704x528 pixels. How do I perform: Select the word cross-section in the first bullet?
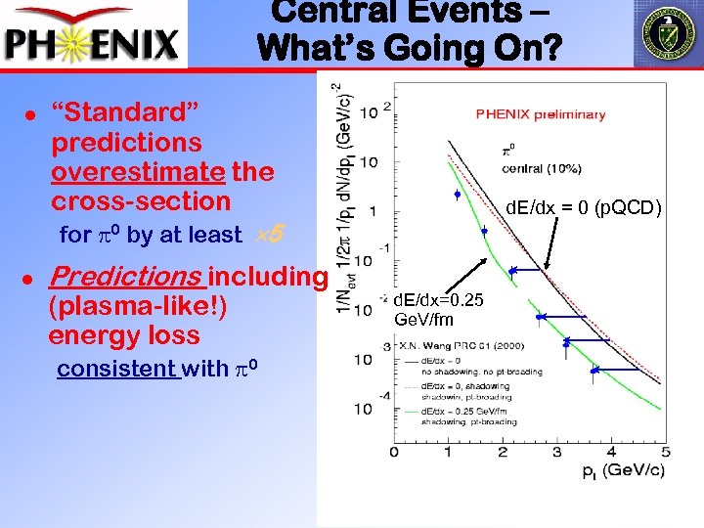tap(140, 201)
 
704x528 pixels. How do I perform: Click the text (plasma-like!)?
tap(137, 306)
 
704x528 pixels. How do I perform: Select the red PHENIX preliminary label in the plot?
tap(540, 114)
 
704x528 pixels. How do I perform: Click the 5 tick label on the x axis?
tap(666, 450)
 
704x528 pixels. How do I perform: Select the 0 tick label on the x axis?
tap(394, 450)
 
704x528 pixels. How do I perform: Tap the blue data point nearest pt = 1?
tap(457, 196)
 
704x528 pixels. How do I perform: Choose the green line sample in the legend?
tap(409, 413)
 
